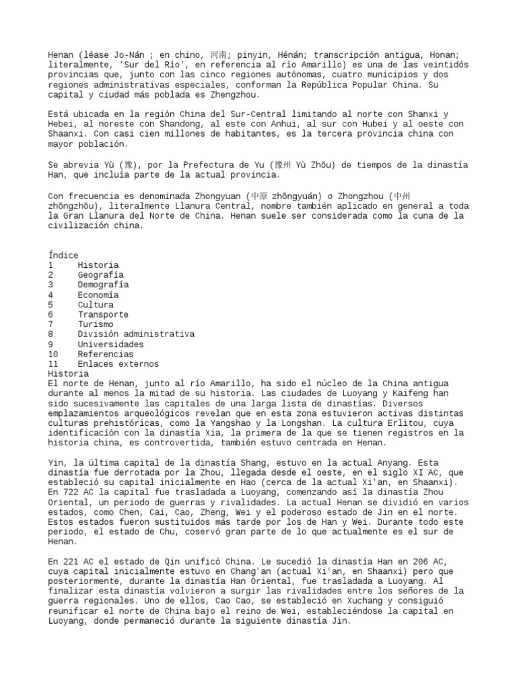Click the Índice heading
pyautogui.click(x=63, y=256)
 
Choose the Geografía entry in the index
pyautogui.click(x=100, y=275)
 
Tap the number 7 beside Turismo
pyautogui.click(x=51, y=324)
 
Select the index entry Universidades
pyautogui.click(x=110, y=344)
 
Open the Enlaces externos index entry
pyautogui.click(x=118, y=364)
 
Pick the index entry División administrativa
pyautogui.click(x=136, y=334)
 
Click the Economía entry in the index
pyautogui.click(x=98, y=295)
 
